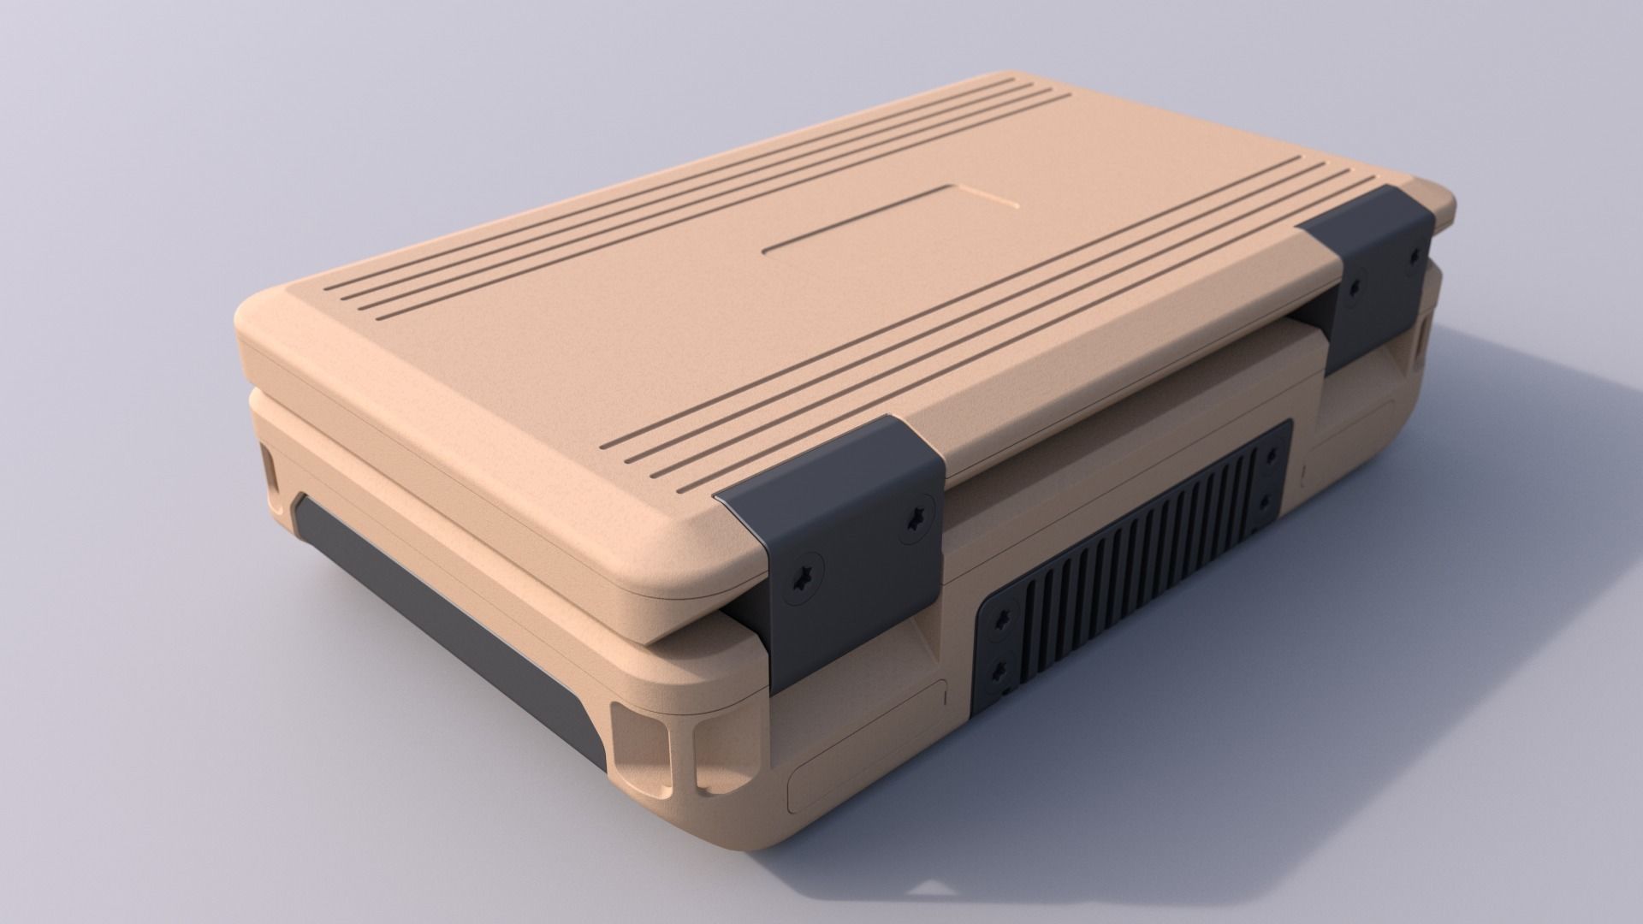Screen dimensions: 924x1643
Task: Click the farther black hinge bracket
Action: [1369, 274]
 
